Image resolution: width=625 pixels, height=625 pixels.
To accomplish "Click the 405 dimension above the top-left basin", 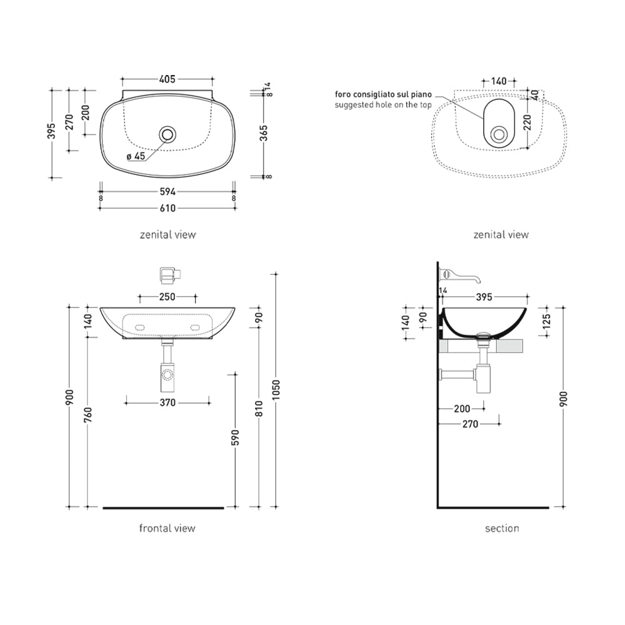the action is coord(167,79).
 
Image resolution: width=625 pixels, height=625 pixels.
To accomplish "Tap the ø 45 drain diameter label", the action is coord(136,156).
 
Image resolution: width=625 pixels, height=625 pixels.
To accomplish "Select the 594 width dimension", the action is coord(167,192).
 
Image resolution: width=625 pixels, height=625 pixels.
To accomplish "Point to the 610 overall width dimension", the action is coord(167,209).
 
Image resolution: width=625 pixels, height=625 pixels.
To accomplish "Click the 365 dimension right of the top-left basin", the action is coord(264,133).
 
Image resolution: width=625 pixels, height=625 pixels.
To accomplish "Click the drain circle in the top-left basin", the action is coord(167,134).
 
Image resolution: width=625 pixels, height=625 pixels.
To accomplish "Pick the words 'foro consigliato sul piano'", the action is coord(383,94).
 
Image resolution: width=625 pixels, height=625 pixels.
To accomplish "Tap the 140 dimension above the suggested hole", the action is coord(499,81).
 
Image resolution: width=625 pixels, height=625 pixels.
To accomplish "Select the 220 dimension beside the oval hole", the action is coord(527,122).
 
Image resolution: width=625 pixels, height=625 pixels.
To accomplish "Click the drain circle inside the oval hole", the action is coord(499,134).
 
